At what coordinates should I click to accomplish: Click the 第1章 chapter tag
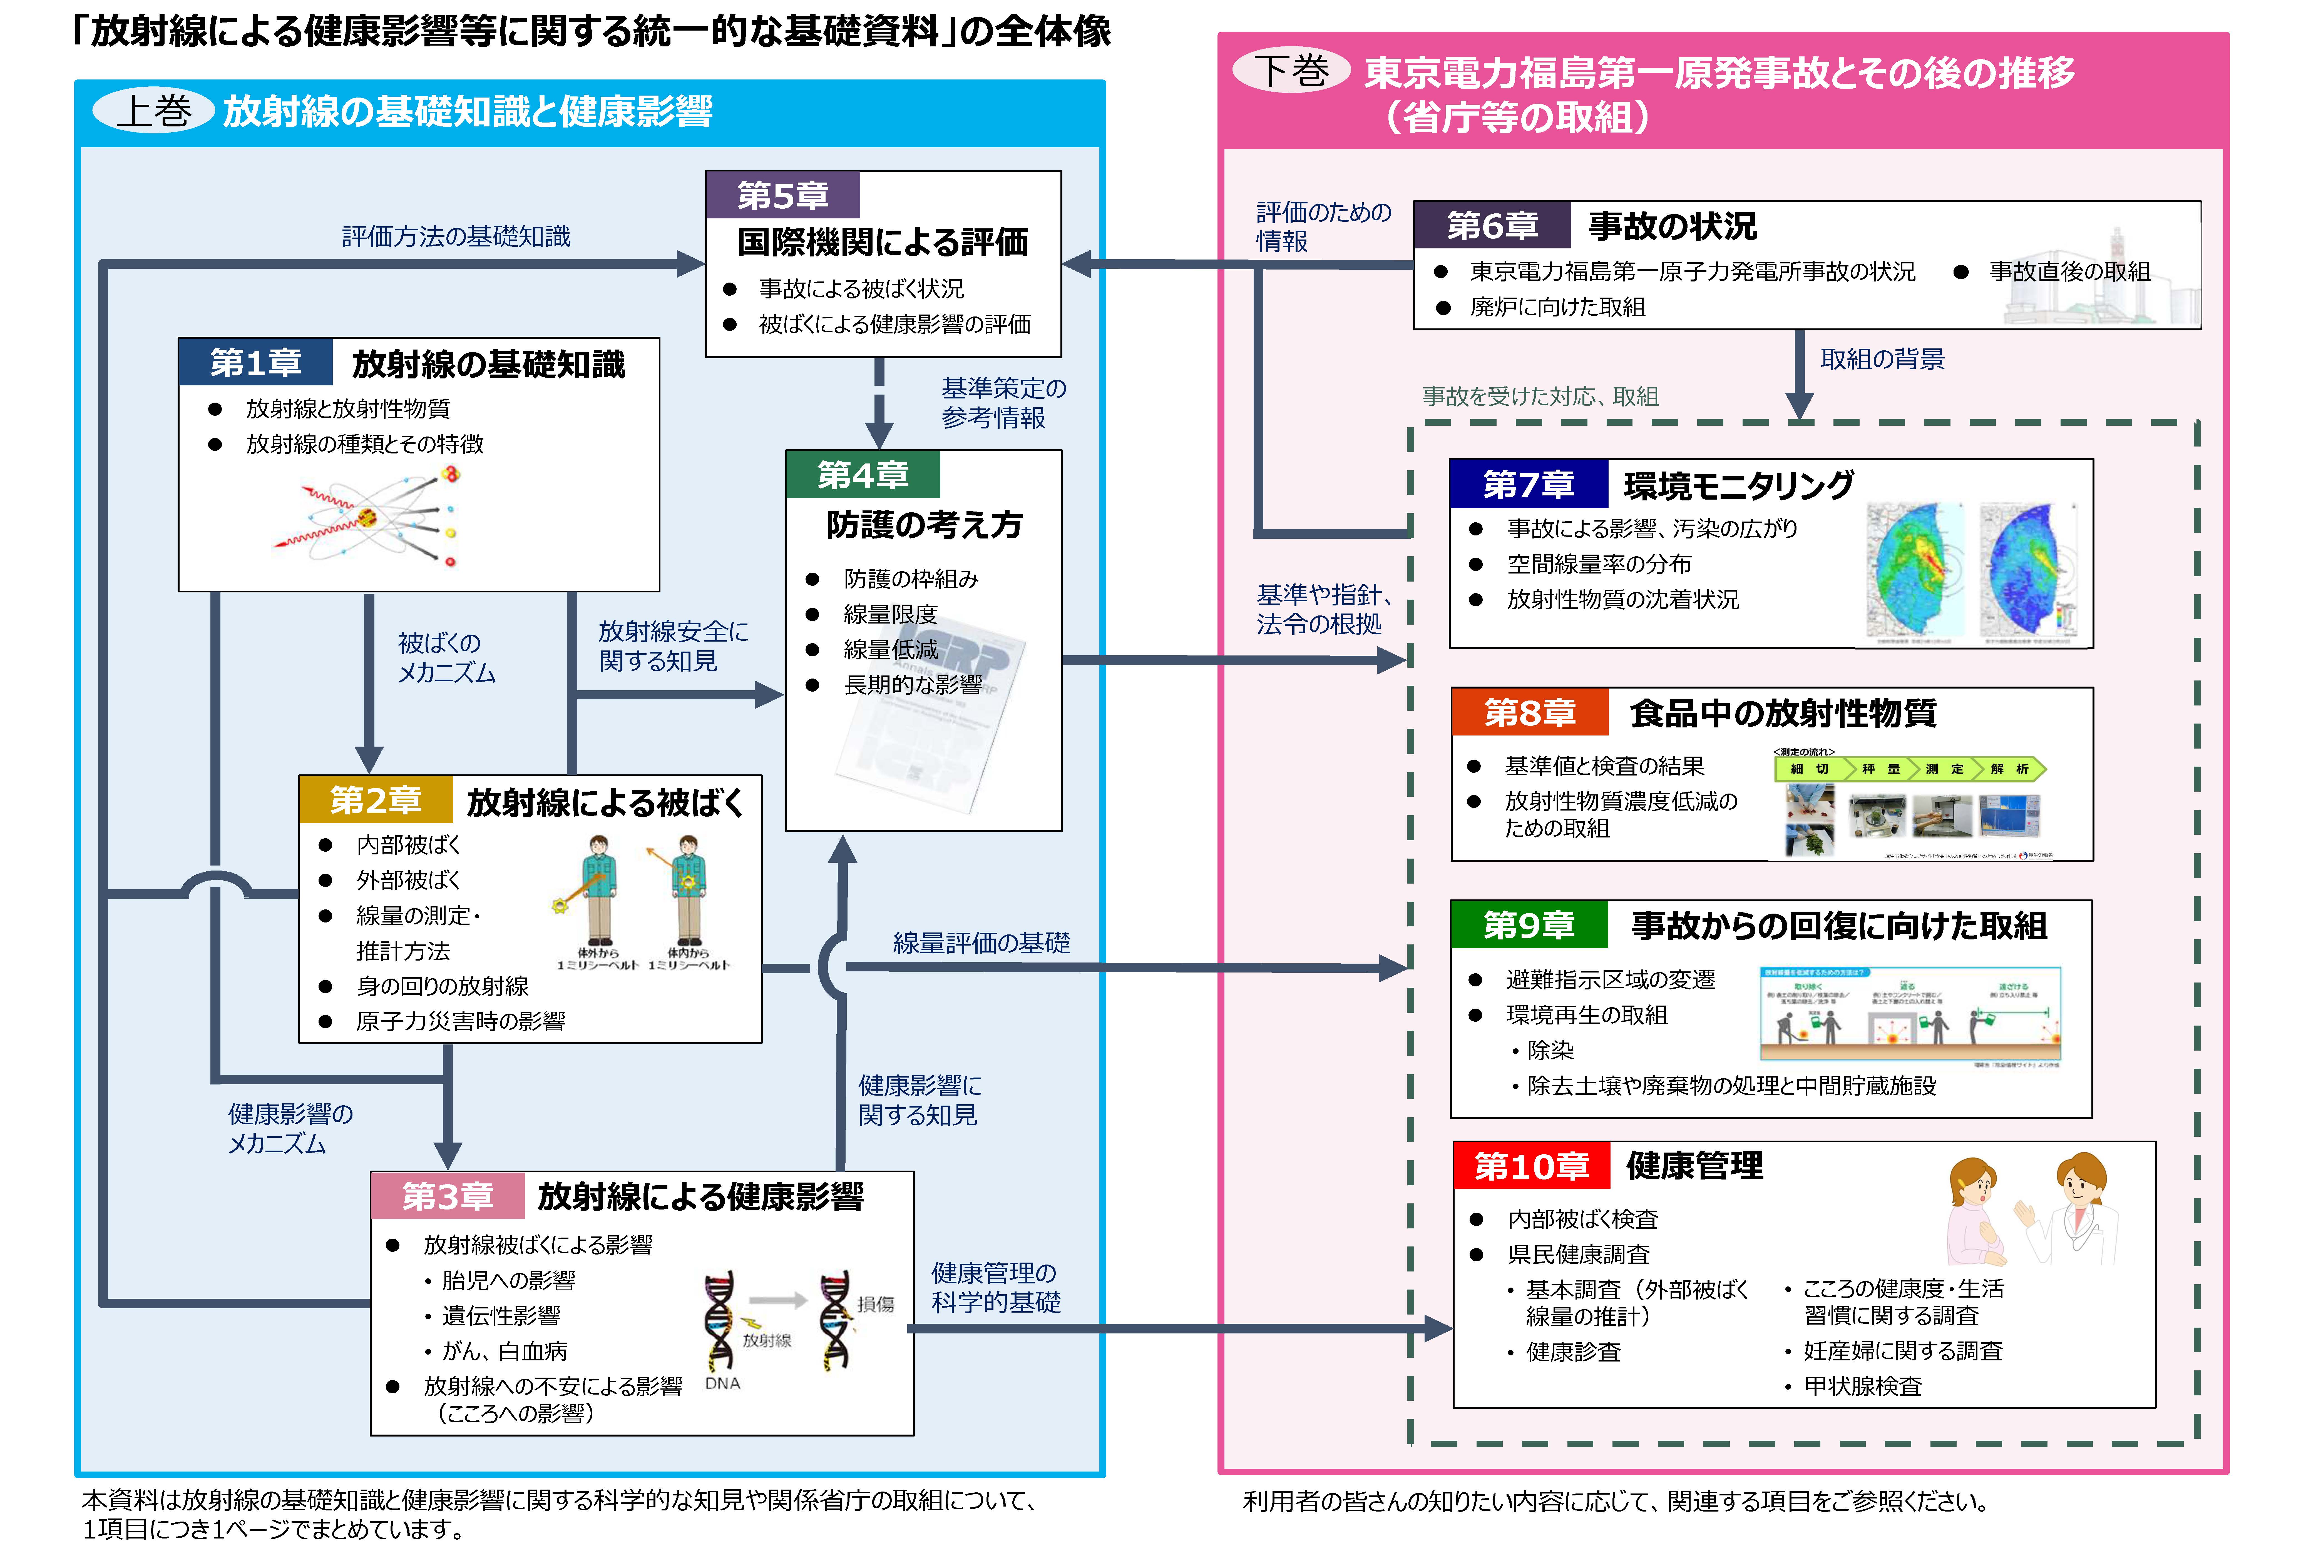[x=255, y=363]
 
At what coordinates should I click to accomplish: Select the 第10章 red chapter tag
[x=1530, y=1166]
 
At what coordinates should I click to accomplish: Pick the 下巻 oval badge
[x=1291, y=71]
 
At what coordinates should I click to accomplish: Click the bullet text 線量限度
[x=889, y=614]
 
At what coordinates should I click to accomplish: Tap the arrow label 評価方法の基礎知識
[x=456, y=236]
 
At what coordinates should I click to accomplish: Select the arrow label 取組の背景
[x=1882, y=359]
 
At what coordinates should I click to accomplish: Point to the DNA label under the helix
[x=722, y=1383]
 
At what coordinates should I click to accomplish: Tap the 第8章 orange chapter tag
[x=1529, y=712]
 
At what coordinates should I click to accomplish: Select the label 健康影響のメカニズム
[x=290, y=1129]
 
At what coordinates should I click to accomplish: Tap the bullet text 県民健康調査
[x=1578, y=1254]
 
